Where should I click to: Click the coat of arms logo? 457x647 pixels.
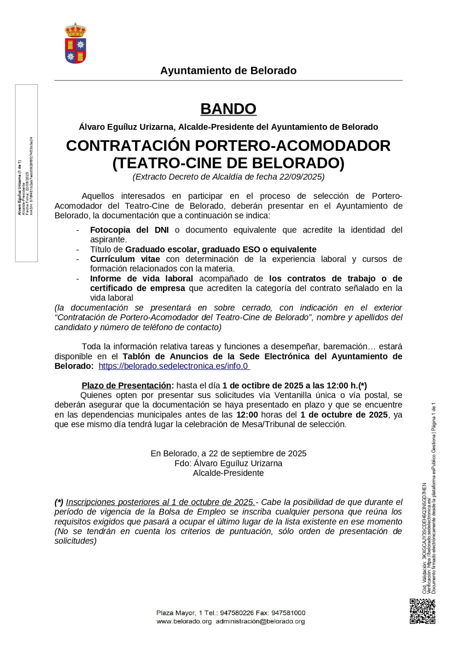point(75,43)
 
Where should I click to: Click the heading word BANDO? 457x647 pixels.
point(228,109)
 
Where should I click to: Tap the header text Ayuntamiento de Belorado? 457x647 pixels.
point(228,71)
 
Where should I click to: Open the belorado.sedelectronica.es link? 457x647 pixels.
point(174,366)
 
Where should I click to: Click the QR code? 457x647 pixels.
point(422,611)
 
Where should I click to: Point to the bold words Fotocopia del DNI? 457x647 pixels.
point(129,230)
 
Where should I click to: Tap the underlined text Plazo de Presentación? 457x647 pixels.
point(126,385)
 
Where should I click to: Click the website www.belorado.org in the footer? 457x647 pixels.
point(184,622)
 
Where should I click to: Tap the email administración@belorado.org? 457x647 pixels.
point(260,622)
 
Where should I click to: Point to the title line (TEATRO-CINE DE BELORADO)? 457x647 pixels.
point(228,163)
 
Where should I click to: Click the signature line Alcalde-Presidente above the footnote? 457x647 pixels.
point(228,473)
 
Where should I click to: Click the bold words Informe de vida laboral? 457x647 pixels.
point(141,278)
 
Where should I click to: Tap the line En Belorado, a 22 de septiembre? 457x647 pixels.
point(228,453)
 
